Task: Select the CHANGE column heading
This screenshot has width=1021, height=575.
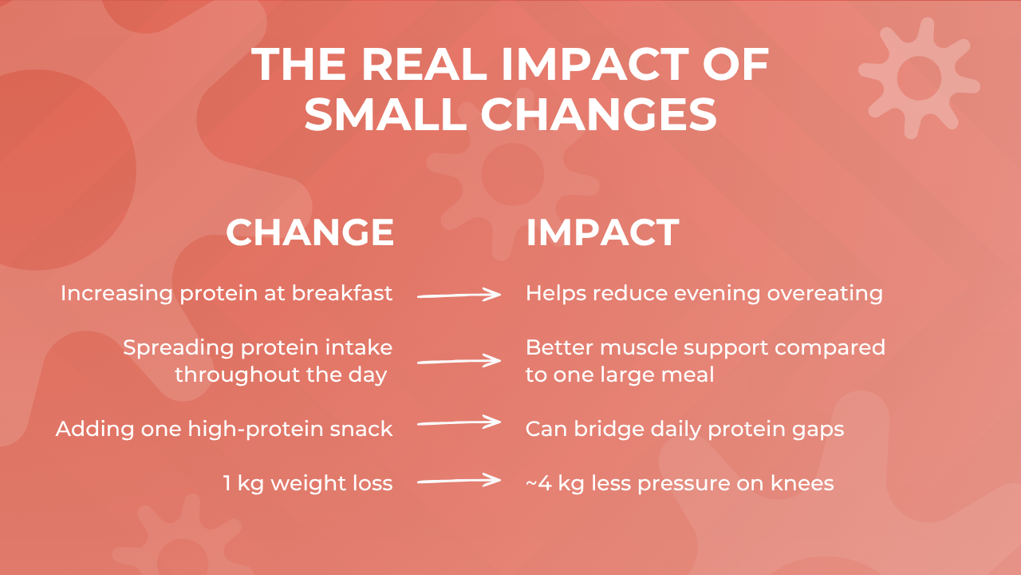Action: (x=309, y=232)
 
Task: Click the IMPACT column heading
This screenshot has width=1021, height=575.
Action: (x=602, y=232)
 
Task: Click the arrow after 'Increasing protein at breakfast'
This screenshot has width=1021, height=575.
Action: (x=459, y=295)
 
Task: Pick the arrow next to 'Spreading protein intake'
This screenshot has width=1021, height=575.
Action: (x=459, y=361)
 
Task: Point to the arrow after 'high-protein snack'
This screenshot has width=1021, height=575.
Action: (x=459, y=422)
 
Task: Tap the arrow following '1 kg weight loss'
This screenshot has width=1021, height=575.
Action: (x=459, y=481)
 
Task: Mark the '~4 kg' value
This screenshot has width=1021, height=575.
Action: (x=549, y=483)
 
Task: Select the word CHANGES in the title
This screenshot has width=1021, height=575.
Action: (x=597, y=115)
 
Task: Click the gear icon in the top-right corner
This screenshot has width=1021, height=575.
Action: (x=919, y=77)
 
